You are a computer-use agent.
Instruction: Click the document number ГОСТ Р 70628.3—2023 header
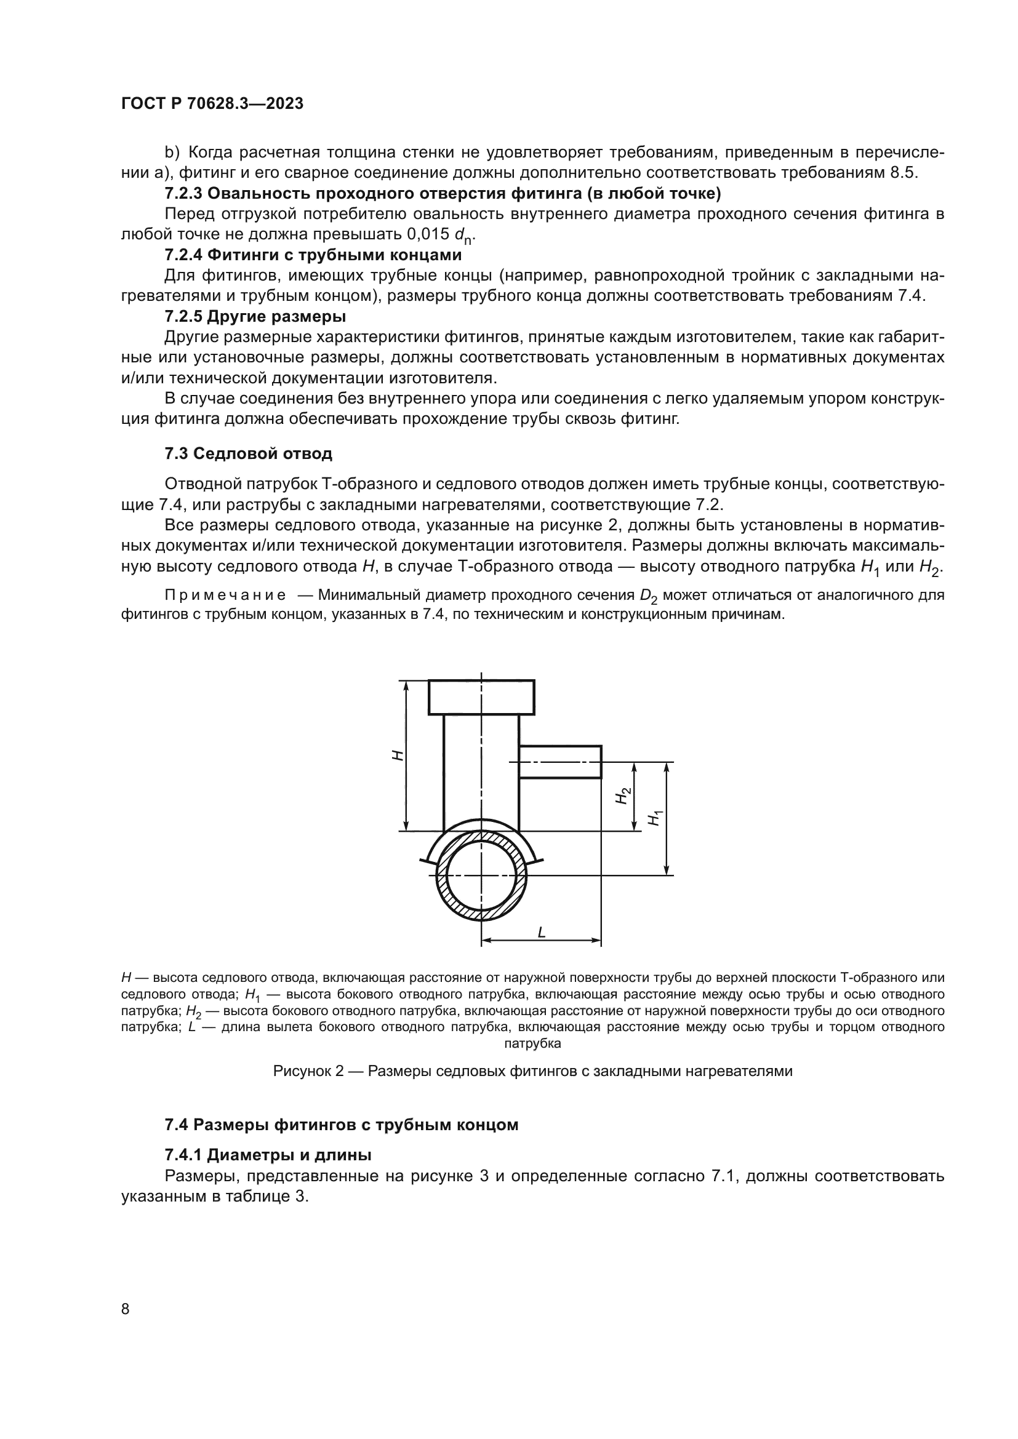click(x=212, y=104)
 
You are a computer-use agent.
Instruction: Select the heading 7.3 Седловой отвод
click(x=248, y=453)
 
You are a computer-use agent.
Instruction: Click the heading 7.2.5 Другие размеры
click(x=255, y=316)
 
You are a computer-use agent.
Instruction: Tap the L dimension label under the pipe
click(x=542, y=932)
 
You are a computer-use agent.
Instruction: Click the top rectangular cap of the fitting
click(x=481, y=697)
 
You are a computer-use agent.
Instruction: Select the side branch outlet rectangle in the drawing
click(x=559, y=762)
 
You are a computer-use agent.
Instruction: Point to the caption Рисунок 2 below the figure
click(x=532, y=1071)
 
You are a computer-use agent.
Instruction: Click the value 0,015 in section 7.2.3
click(x=428, y=234)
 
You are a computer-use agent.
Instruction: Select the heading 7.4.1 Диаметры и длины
click(x=268, y=1154)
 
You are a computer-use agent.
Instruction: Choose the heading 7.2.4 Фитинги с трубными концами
click(x=313, y=255)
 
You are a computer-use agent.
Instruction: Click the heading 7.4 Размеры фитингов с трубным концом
click(x=342, y=1125)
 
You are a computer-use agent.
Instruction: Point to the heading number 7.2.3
click(x=183, y=194)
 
